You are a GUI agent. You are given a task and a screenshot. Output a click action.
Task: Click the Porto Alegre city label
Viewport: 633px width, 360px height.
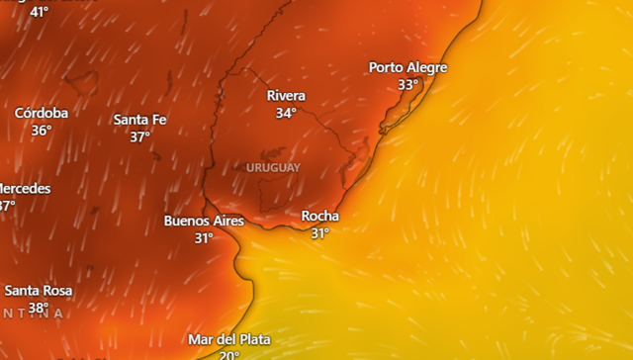coord(407,67)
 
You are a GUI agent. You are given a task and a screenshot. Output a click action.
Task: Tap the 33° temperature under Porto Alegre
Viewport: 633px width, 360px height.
coord(407,85)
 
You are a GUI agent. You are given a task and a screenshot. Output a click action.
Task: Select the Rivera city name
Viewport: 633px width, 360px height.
coord(286,96)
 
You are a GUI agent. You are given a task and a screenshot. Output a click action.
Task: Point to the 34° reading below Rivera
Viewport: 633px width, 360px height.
coord(286,113)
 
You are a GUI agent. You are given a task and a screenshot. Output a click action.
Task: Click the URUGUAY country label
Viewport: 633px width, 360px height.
coord(273,168)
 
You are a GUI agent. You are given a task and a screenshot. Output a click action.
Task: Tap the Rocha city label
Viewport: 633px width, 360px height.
coord(319,216)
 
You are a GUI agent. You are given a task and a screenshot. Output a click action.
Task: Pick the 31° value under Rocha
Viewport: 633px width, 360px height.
coord(319,233)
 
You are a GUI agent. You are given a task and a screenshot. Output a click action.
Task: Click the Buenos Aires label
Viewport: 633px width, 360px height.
coord(204,221)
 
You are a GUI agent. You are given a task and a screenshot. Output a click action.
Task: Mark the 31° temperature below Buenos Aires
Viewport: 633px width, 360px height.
coord(204,238)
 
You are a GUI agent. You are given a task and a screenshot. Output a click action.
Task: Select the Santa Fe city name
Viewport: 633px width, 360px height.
coord(139,120)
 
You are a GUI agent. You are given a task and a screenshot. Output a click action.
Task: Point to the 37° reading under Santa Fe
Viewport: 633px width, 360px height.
coord(139,137)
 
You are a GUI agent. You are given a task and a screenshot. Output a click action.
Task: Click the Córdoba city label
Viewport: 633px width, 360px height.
coord(42,113)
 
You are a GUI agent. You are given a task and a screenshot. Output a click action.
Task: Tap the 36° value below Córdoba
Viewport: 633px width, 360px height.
coord(42,131)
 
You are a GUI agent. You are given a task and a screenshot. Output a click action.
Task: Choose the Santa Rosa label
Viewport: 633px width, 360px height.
coord(39,291)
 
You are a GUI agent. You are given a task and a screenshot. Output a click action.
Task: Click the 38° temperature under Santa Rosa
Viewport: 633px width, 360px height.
coord(39,308)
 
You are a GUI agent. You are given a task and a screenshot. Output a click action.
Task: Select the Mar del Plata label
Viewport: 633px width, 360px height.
coord(228,339)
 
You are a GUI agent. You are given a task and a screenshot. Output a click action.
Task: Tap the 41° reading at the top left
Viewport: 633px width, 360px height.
coord(39,12)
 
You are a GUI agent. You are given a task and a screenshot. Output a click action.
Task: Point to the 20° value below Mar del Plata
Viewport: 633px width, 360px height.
coord(228,355)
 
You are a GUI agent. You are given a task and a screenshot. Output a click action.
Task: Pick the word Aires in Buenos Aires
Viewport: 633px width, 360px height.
coord(226,221)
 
